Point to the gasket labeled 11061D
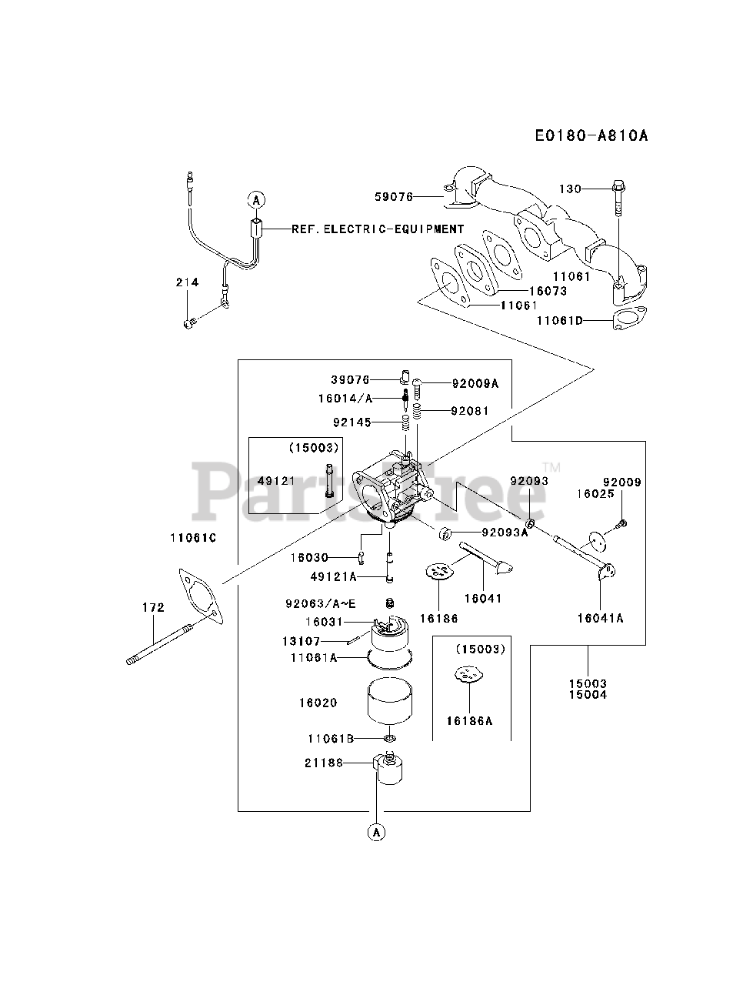tap(629, 319)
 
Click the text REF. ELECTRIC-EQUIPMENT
tap(378, 229)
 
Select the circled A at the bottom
tap(376, 832)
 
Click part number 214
tap(186, 282)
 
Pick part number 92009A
tap(475, 382)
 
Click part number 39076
tap(351, 379)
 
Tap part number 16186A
tap(468, 721)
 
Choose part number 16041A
tap(600, 617)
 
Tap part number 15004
tap(588, 695)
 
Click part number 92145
tap(352, 422)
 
